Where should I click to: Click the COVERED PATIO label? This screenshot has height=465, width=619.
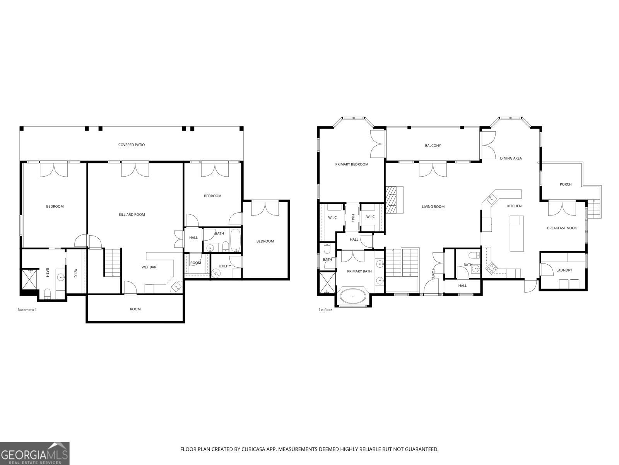[132, 145]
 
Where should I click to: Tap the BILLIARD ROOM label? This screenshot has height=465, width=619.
[132, 214]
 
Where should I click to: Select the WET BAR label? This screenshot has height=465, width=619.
[149, 267]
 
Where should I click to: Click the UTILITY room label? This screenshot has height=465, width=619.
[225, 266]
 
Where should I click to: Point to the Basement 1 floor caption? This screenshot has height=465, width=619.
[27, 310]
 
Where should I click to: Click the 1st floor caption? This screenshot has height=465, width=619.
[325, 310]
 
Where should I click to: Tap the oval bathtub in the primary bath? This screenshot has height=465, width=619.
[353, 297]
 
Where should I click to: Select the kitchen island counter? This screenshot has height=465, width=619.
[515, 234]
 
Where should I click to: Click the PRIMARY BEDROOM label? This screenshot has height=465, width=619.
[352, 164]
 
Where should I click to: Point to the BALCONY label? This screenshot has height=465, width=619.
[433, 146]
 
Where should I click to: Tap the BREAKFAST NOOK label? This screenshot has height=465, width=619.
[562, 228]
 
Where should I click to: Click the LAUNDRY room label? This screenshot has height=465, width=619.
[564, 270]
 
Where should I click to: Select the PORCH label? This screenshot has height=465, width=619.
[565, 184]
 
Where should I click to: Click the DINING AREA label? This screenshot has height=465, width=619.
[511, 158]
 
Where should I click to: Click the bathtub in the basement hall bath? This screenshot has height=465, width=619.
[235, 240]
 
